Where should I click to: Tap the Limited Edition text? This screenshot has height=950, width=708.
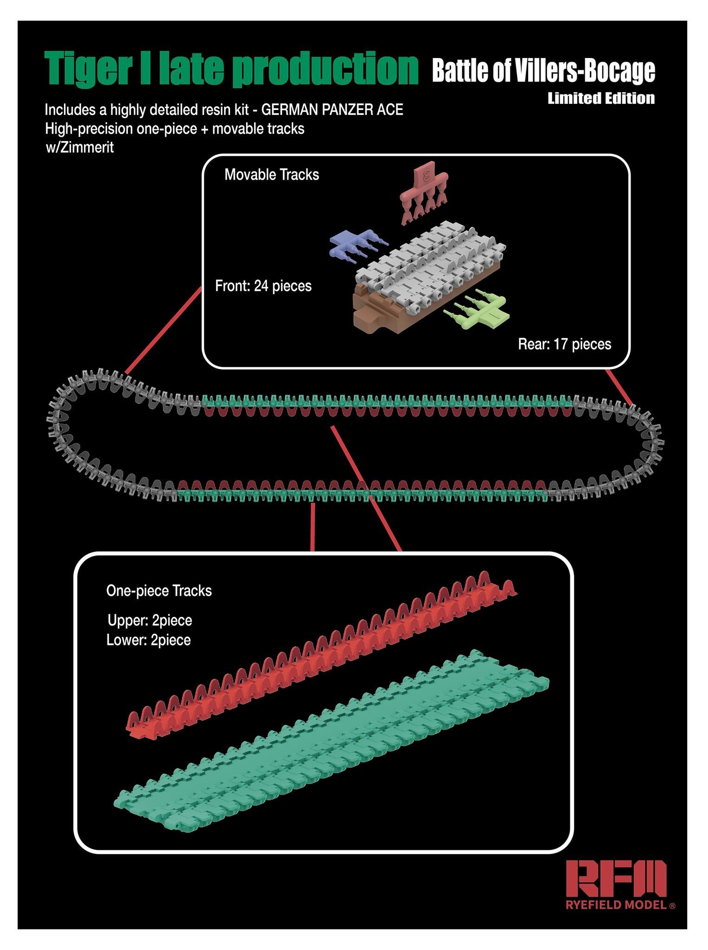tap(601, 98)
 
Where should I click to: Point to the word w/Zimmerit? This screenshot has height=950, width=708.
tap(79, 148)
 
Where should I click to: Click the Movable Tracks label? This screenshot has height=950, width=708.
tap(272, 175)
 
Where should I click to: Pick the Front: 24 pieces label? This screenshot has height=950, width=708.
tap(263, 286)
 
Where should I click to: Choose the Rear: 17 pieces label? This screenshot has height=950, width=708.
tap(564, 344)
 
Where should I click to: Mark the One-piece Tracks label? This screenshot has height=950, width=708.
tap(159, 591)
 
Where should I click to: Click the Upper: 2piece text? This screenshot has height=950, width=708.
tap(149, 620)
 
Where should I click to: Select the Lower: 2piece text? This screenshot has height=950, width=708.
tap(148, 640)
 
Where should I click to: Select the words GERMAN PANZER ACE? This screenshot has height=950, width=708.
tap(332, 110)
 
